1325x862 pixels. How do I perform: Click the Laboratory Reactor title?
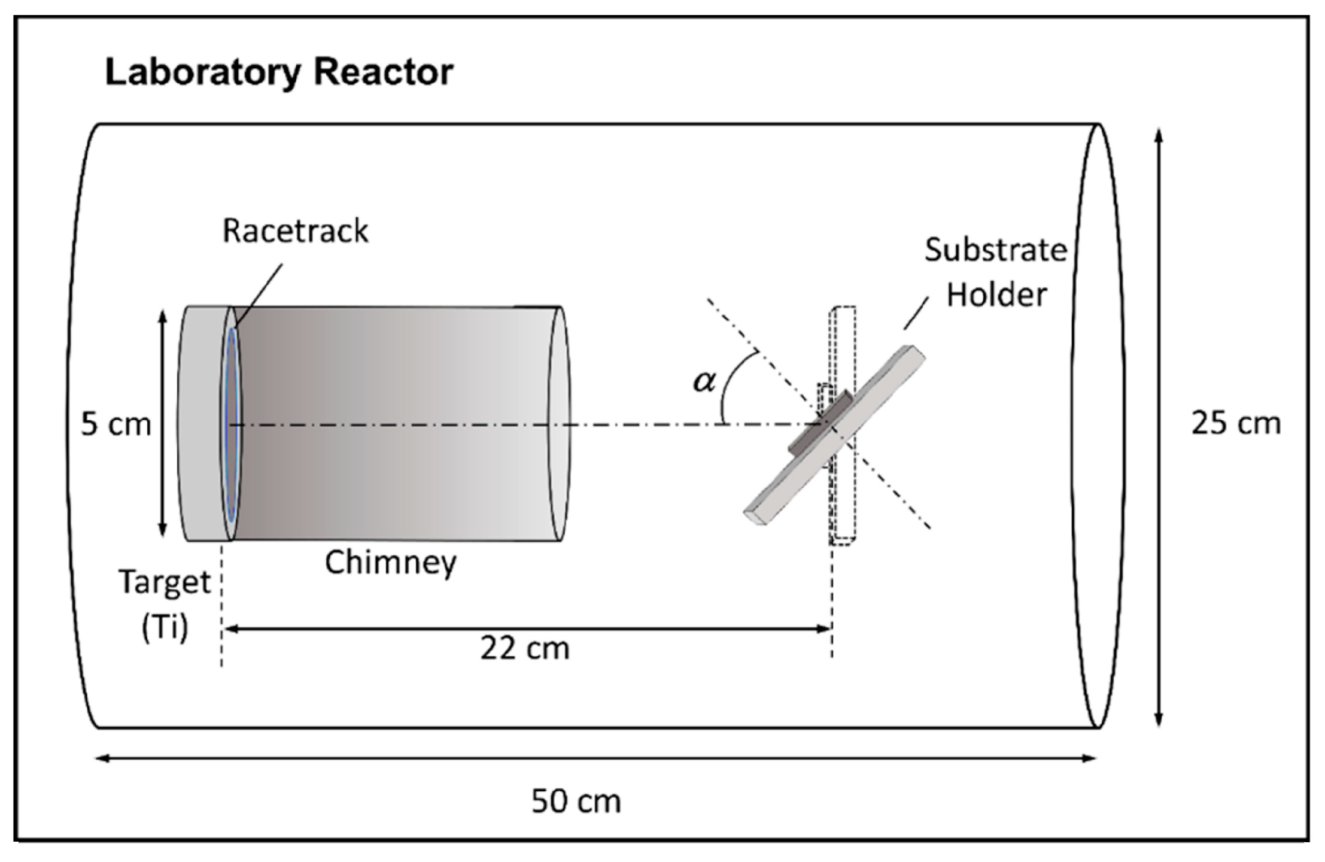pyautogui.click(x=279, y=72)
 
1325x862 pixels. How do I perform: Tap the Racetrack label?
pyautogui.click(x=295, y=231)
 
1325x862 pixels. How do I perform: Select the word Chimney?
pyautogui.click(x=390, y=562)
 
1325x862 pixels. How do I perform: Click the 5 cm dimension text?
pyautogui.click(x=116, y=424)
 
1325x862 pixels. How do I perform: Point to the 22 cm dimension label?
pyautogui.click(x=524, y=648)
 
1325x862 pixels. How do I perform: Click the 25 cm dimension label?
pyautogui.click(x=1235, y=423)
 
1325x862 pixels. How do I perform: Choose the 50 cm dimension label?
pyautogui.click(x=576, y=801)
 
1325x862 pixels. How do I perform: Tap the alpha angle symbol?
pyautogui.click(x=704, y=381)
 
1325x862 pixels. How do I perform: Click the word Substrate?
pyautogui.click(x=995, y=250)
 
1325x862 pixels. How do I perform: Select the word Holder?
pyautogui.click(x=996, y=295)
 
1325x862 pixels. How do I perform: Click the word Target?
pyautogui.click(x=165, y=581)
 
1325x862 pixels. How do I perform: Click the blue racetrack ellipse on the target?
pyautogui.click(x=232, y=425)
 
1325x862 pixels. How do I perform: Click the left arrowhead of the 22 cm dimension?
pyautogui.click(x=227, y=629)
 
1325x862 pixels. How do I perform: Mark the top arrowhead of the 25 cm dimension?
pyautogui.click(x=1159, y=135)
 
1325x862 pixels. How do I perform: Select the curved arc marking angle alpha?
pyautogui.click(x=731, y=383)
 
